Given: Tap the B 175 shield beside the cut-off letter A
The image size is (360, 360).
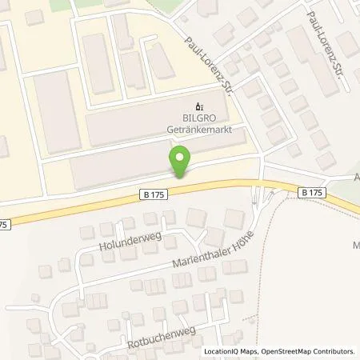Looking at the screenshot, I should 314,192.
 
